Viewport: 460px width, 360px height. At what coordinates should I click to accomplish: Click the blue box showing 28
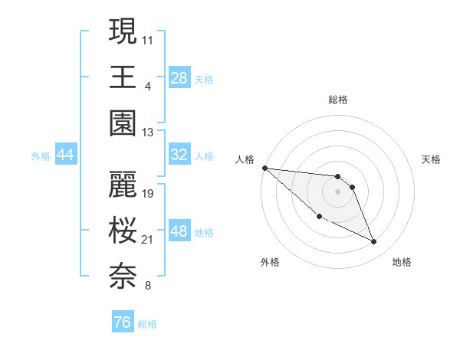click(x=179, y=77)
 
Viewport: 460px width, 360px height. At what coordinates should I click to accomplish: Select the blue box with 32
click(x=179, y=155)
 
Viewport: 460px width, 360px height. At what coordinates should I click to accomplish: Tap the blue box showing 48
click(x=179, y=231)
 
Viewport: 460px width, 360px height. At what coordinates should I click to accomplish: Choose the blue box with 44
click(x=66, y=155)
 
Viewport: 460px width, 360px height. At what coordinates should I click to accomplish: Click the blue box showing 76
click(x=123, y=322)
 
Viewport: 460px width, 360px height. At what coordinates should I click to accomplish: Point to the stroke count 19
click(x=148, y=194)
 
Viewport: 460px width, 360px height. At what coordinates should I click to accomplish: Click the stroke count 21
click(x=148, y=240)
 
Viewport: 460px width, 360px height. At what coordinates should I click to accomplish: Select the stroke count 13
click(x=148, y=133)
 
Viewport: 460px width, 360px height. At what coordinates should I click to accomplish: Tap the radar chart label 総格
click(x=338, y=100)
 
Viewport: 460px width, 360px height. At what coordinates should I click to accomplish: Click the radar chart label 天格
click(x=432, y=159)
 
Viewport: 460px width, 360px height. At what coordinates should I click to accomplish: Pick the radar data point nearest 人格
click(x=264, y=168)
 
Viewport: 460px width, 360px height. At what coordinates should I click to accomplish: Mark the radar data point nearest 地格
click(x=374, y=242)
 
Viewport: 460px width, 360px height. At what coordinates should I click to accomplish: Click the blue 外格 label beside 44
click(x=41, y=155)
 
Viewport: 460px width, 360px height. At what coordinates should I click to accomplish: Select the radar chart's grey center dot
click(x=337, y=191)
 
